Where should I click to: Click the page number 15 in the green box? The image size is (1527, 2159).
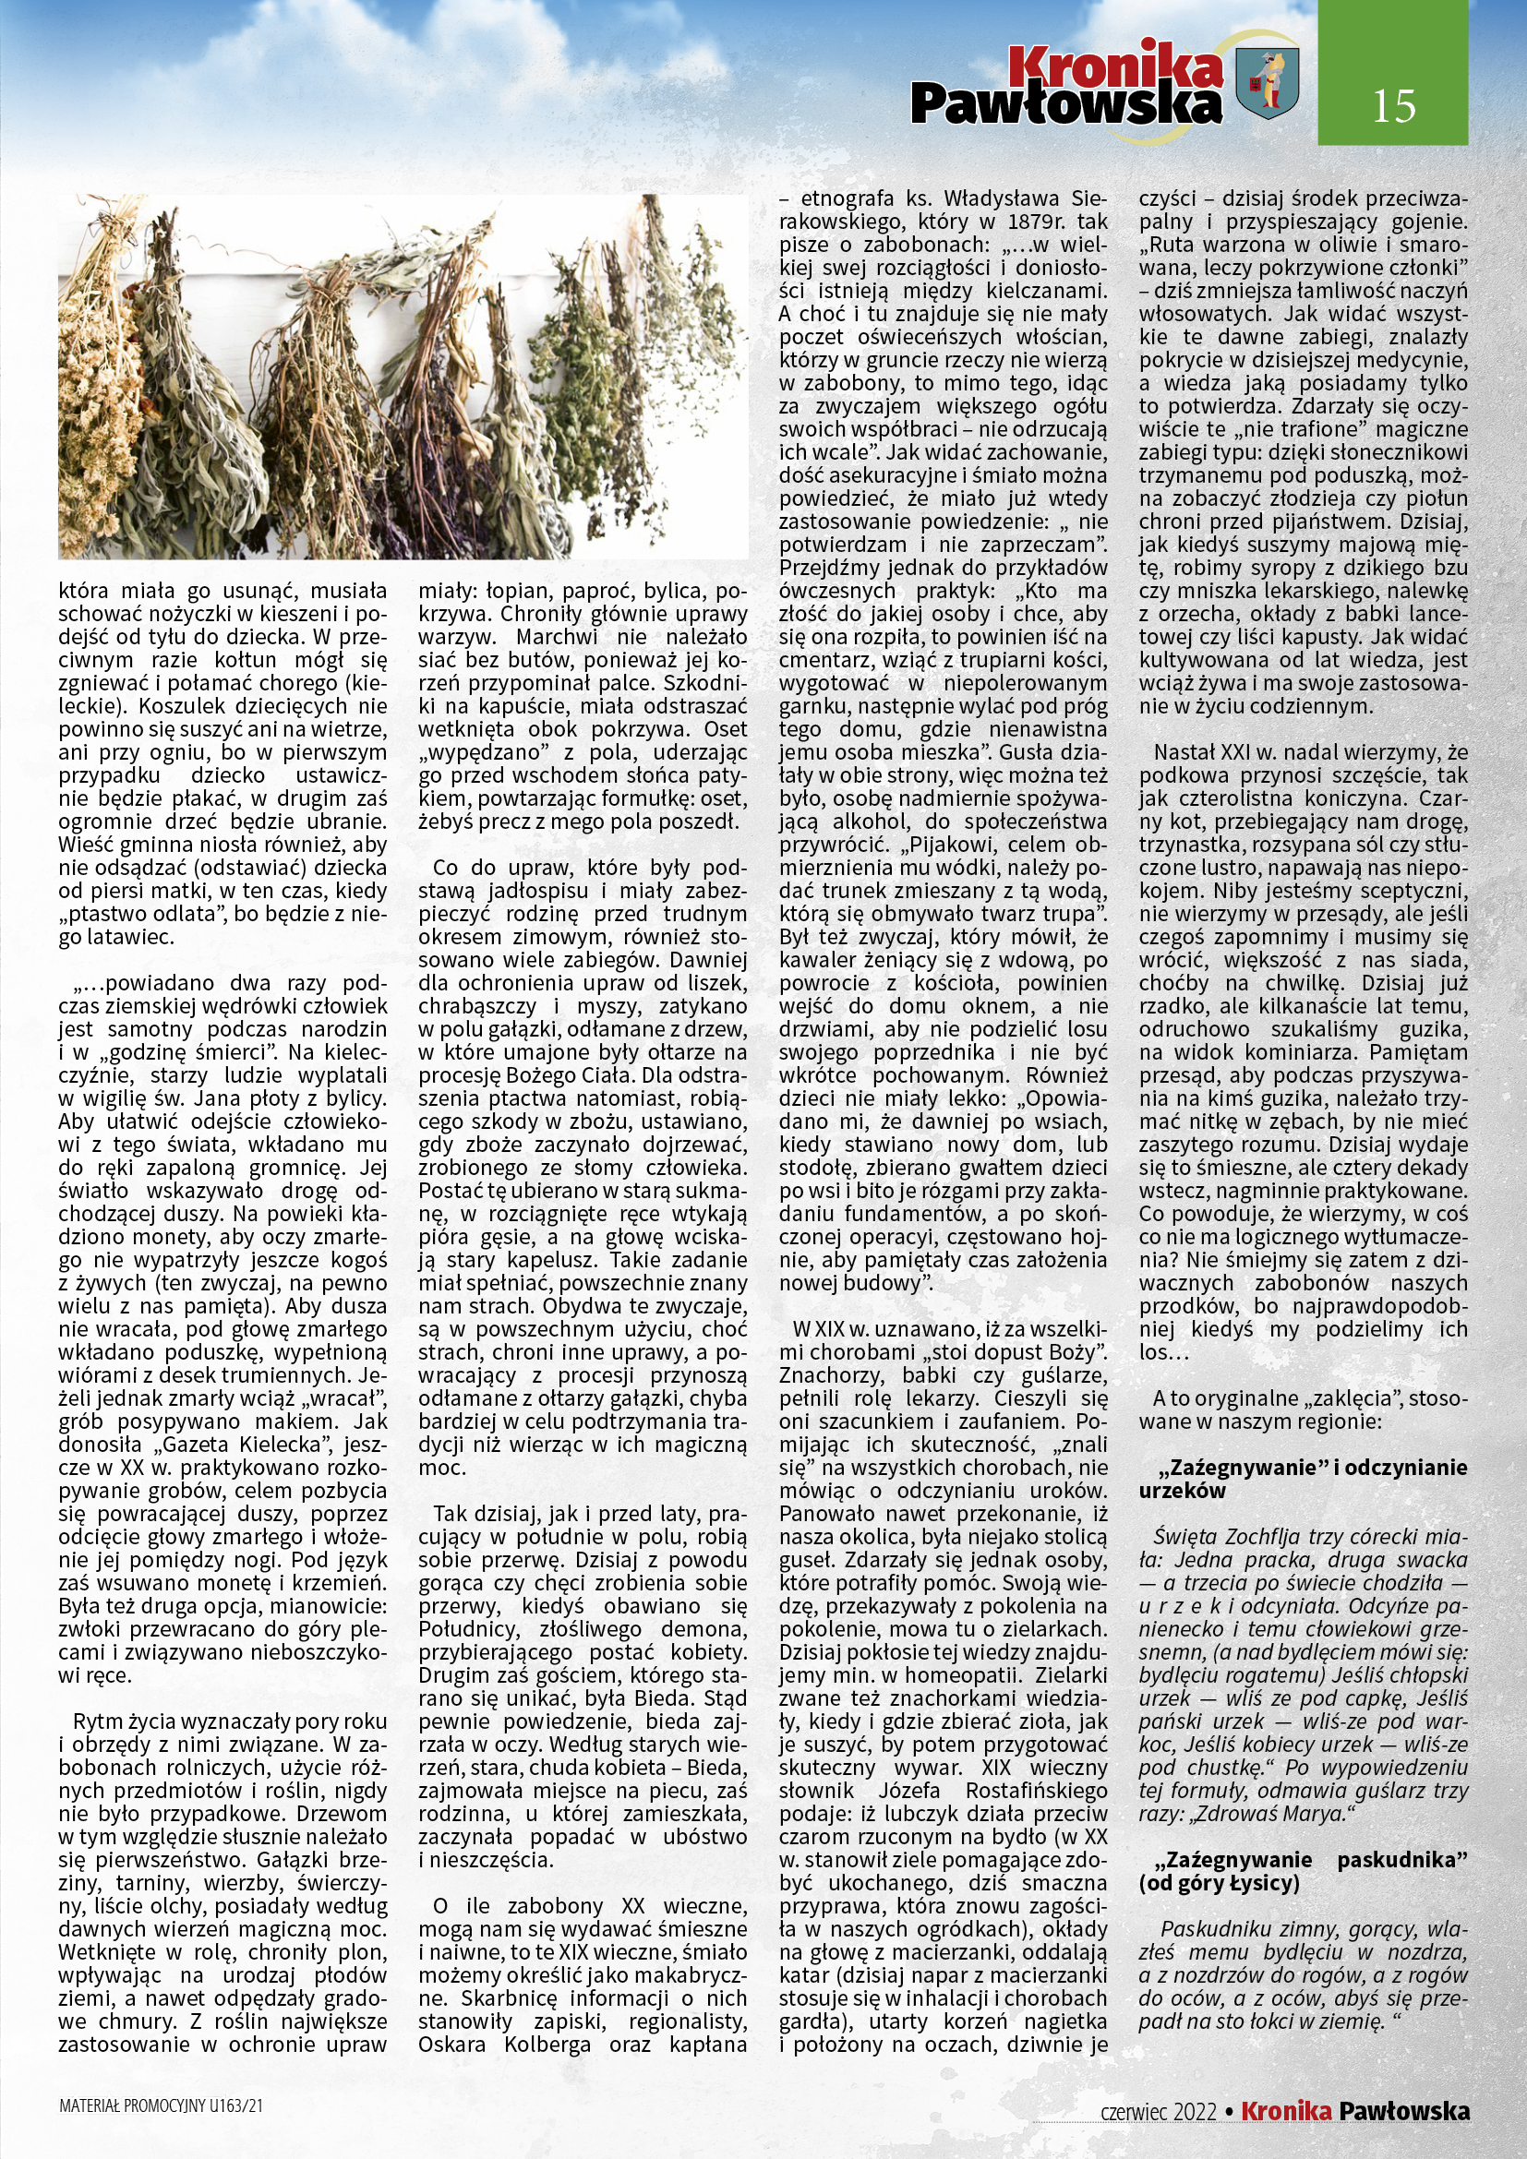1393,106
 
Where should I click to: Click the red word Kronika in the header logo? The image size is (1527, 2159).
1115,66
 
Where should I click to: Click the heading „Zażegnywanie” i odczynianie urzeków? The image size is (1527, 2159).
1303,1478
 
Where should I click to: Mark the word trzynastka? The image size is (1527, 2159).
1189,845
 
